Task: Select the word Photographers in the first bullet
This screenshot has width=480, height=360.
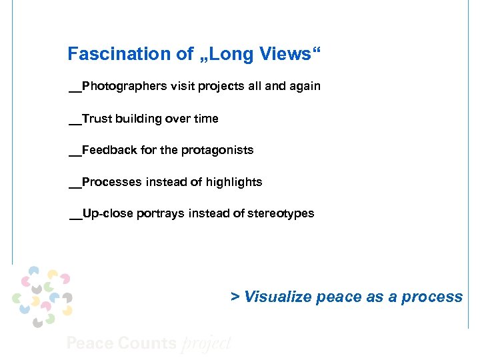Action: [x=123, y=87]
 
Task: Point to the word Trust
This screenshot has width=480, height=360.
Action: [x=97, y=119]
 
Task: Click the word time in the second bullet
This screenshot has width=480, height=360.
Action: [x=206, y=119]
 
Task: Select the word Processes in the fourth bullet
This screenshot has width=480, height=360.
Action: [x=111, y=182]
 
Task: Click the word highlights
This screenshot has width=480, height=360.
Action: [x=234, y=182]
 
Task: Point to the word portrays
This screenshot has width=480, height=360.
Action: [x=161, y=214]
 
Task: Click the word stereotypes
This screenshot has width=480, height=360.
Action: [x=281, y=214]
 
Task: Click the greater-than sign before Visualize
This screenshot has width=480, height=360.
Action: [x=235, y=297]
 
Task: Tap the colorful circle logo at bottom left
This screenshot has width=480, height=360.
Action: [x=42, y=295]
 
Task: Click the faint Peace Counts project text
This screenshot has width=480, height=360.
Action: [x=149, y=343]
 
